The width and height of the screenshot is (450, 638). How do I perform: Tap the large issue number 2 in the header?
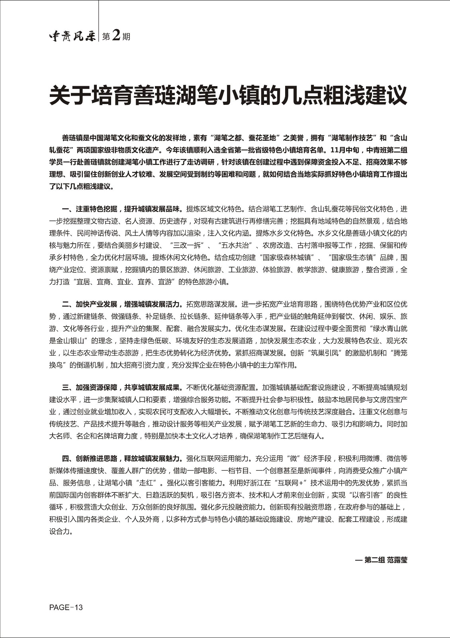(x=116, y=36)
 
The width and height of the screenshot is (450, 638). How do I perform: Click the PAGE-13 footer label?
(x=66, y=607)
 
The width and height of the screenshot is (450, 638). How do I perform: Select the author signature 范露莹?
(x=397, y=560)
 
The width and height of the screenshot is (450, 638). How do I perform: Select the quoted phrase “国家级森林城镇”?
(x=287, y=257)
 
